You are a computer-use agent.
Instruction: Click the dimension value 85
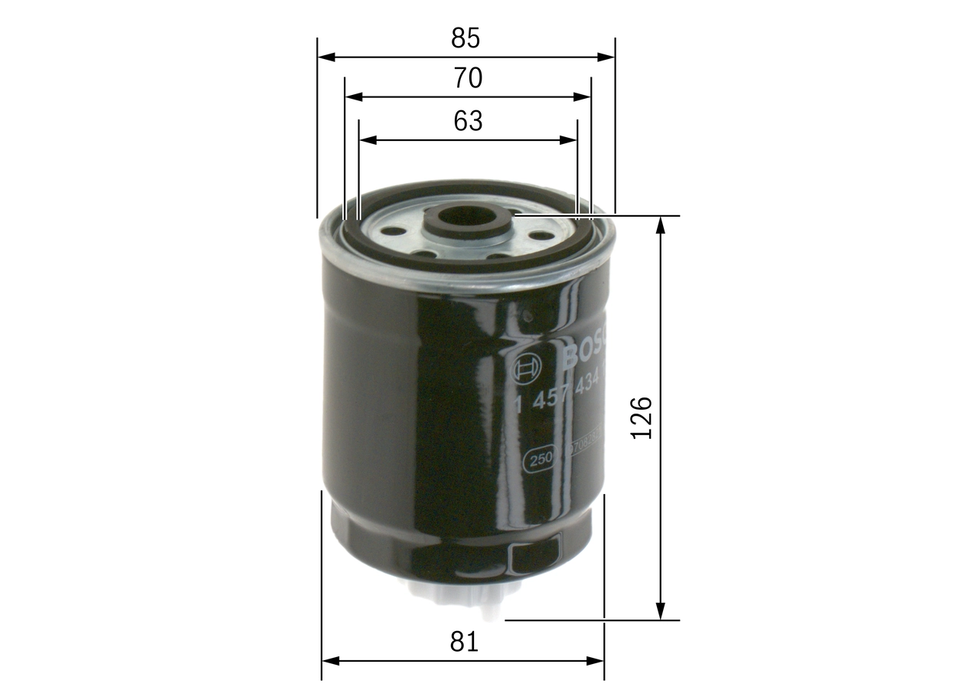point(465,37)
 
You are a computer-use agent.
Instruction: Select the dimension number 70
point(467,78)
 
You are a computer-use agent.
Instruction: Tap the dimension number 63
point(468,121)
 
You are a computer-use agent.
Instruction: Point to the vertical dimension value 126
point(641,417)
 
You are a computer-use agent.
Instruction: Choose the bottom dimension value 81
point(464,642)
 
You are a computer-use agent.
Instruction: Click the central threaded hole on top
point(466,217)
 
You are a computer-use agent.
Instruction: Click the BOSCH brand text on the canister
point(586,348)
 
